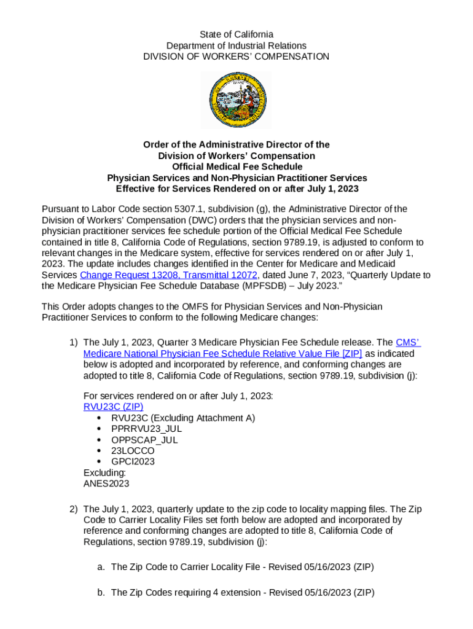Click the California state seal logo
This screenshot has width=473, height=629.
click(x=236, y=100)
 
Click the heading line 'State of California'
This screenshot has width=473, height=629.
click(x=236, y=34)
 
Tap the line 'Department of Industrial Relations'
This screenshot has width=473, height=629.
click(x=236, y=45)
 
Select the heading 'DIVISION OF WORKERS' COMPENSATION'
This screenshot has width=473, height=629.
click(x=236, y=57)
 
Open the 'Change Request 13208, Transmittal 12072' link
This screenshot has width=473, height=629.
click(x=168, y=275)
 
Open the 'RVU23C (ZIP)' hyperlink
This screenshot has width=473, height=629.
click(x=113, y=407)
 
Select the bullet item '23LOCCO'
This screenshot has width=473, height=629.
click(x=133, y=451)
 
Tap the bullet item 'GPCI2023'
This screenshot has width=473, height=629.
click(x=133, y=461)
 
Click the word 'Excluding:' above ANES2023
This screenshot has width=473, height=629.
click(x=104, y=472)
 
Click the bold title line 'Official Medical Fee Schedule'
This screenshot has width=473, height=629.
click(x=236, y=167)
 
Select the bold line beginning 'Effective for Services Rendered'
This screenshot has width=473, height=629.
click(x=236, y=189)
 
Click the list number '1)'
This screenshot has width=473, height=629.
click(x=73, y=342)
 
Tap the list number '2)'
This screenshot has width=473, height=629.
click(x=73, y=509)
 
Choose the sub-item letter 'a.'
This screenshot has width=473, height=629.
click(x=101, y=568)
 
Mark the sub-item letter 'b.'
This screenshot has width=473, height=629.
click(x=101, y=593)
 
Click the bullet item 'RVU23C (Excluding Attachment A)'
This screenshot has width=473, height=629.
click(x=182, y=418)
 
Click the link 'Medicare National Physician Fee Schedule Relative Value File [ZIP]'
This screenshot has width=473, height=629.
click(x=222, y=353)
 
